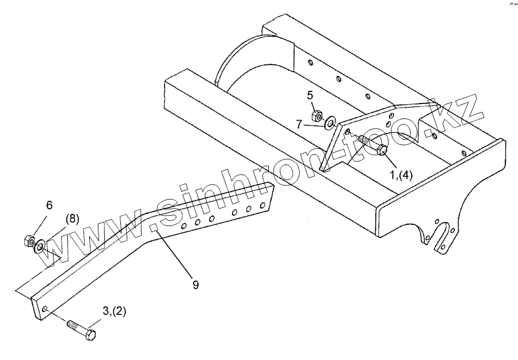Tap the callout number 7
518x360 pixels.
299,124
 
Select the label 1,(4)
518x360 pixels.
401,175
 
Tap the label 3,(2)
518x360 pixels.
115,312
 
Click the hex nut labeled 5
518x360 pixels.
317,116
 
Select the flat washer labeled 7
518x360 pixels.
330,122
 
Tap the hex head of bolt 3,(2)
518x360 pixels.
90,335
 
